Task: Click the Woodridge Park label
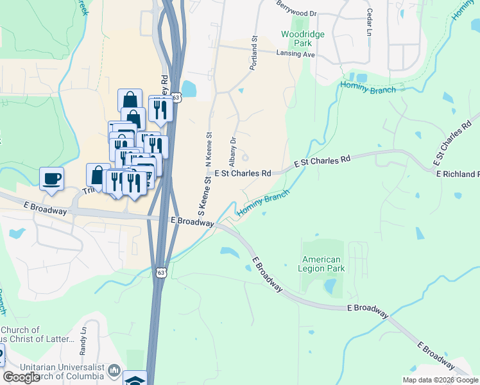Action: (x=303, y=39)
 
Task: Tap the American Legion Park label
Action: (x=324, y=264)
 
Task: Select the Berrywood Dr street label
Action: (x=297, y=13)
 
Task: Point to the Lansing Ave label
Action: (x=295, y=55)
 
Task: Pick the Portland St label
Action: (x=254, y=53)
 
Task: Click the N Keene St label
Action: (x=208, y=150)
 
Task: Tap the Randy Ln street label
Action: (x=83, y=342)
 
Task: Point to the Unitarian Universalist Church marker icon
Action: (x=114, y=370)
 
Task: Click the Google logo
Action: (x=21, y=378)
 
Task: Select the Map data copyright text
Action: (x=440, y=380)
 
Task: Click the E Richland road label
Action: (x=457, y=174)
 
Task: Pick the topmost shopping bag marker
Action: (x=130, y=99)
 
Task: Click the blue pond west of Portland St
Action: (x=189, y=88)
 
